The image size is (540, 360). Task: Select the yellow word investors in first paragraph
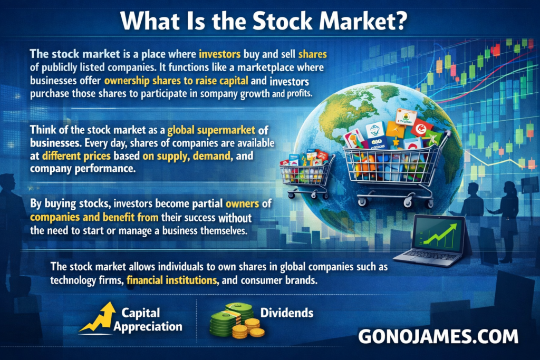click(219, 54)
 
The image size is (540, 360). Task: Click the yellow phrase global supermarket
click(211, 130)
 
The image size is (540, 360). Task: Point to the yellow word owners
click(242, 204)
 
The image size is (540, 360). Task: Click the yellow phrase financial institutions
click(172, 280)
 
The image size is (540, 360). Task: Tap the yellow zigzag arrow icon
click(98, 318)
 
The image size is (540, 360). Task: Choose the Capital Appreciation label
click(148, 320)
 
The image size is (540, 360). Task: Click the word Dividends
click(287, 313)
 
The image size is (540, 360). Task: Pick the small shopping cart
click(306, 175)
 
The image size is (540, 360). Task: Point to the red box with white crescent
click(421, 128)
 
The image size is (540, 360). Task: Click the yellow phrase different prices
click(76, 156)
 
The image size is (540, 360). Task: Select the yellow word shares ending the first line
click(312, 54)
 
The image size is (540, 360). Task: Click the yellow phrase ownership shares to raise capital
click(176, 81)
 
